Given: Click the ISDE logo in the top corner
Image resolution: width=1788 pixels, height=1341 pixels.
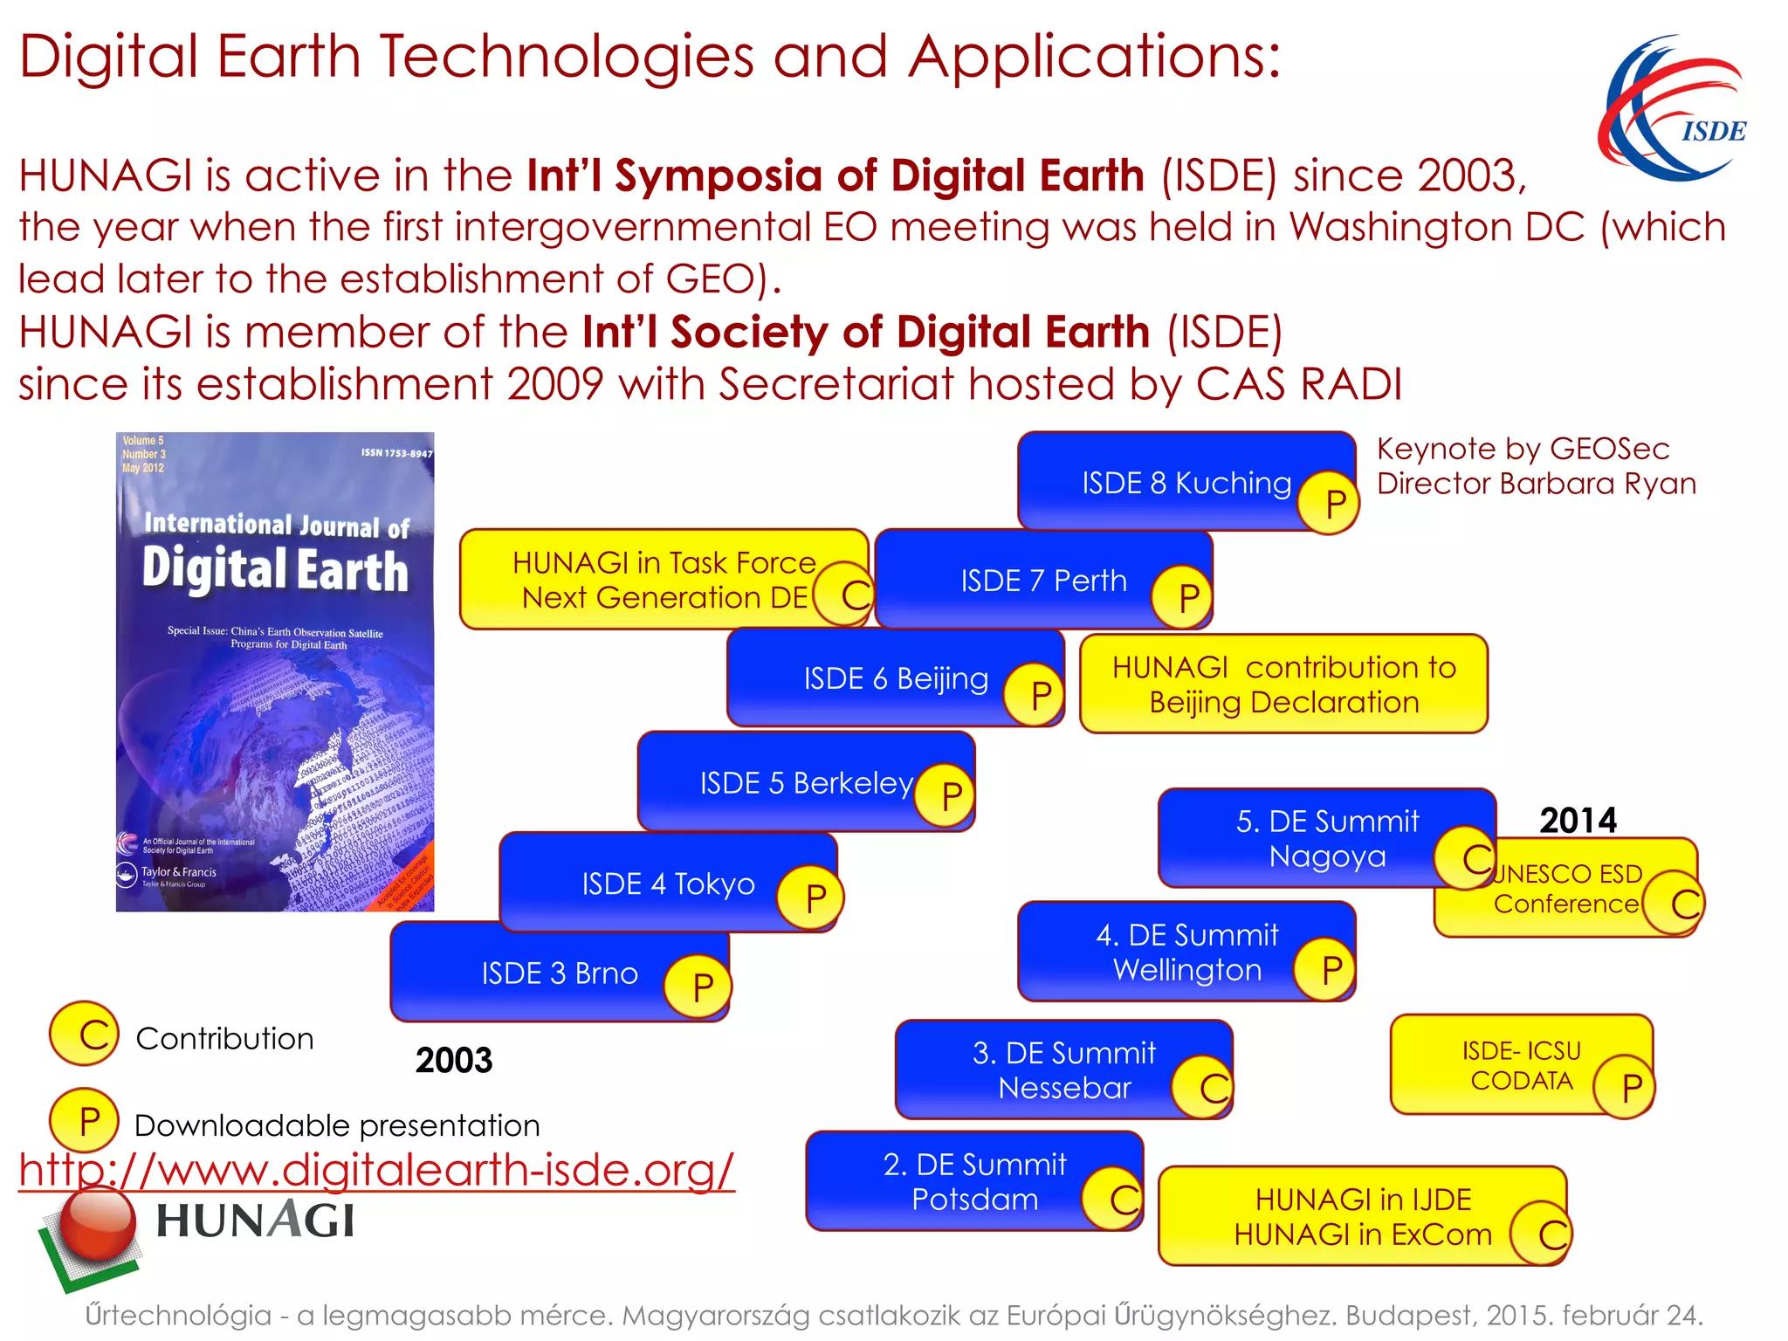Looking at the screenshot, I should [1673, 107].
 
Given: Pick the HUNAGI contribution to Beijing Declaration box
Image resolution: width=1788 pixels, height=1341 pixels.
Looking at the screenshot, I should [1283, 684].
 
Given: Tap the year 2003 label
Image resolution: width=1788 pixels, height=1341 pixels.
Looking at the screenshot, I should [454, 1061].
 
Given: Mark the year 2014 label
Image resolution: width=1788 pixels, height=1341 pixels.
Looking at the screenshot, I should [1578, 821].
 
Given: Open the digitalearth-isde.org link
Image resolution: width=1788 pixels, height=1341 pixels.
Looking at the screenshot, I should [376, 1170].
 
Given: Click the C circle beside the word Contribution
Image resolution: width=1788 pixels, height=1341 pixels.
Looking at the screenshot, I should [85, 1035].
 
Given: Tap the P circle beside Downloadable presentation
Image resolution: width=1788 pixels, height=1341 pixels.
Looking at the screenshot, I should [85, 1122].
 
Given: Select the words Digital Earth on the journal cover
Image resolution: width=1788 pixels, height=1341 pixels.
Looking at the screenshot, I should [275, 569].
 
